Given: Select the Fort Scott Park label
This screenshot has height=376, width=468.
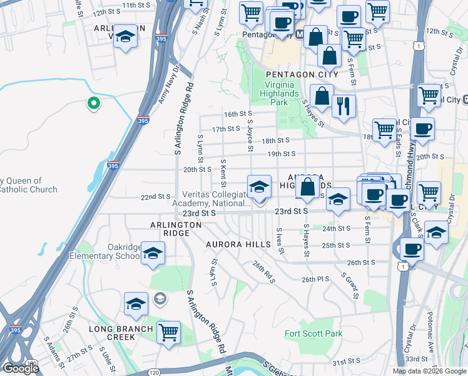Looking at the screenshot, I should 313,334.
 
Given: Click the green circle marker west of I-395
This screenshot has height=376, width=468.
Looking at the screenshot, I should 93,103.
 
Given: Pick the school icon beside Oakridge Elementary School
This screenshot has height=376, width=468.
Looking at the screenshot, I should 152,253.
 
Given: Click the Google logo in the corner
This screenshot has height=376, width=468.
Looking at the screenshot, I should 21,368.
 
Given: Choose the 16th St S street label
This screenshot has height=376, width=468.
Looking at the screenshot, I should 236,114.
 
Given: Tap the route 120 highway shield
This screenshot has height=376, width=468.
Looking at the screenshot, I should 33,363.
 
